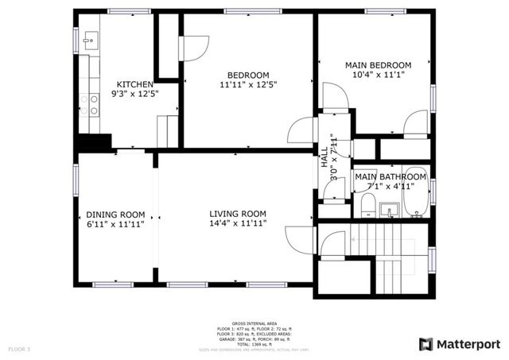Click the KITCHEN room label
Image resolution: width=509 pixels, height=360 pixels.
click(135, 85)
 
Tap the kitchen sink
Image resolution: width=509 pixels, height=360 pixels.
click(88, 39)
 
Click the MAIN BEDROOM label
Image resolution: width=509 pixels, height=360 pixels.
click(377, 64)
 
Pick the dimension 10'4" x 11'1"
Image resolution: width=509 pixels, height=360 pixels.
click(377, 75)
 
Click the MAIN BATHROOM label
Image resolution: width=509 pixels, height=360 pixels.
click(390, 176)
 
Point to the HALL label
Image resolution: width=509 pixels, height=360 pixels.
click(324, 153)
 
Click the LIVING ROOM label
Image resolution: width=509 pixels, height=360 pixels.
click(237, 214)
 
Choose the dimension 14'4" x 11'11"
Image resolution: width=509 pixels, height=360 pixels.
click(237, 224)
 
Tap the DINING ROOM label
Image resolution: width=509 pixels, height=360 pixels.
click(115, 214)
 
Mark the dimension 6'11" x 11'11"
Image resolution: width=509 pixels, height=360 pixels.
click(115, 224)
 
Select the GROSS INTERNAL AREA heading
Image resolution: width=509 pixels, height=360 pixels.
click(254, 323)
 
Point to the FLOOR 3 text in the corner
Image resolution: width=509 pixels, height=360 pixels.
click(19, 349)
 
